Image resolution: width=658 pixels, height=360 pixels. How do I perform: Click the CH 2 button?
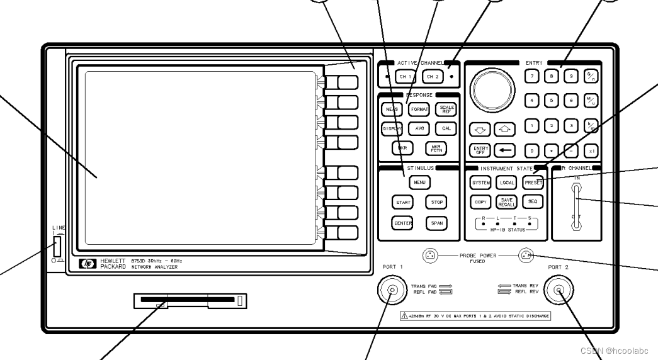[431, 77]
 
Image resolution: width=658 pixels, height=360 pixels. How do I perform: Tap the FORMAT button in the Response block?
[419, 109]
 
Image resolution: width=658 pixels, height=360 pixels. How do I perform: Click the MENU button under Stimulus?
[419, 183]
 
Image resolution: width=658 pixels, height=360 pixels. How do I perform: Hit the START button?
[402, 203]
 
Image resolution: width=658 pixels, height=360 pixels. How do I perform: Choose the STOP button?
[436, 203]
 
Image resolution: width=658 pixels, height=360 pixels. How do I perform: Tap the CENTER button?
[402, 223]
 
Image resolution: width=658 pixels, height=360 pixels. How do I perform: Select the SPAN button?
[436, 223]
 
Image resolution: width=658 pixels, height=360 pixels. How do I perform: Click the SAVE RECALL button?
[507, 202]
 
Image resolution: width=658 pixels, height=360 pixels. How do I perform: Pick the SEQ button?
[532, 202]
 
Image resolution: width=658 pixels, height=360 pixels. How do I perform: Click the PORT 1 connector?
[393, 291]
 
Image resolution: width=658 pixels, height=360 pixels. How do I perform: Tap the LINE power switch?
[57, 245]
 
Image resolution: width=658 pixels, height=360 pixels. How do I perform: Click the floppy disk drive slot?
[189, 301]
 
